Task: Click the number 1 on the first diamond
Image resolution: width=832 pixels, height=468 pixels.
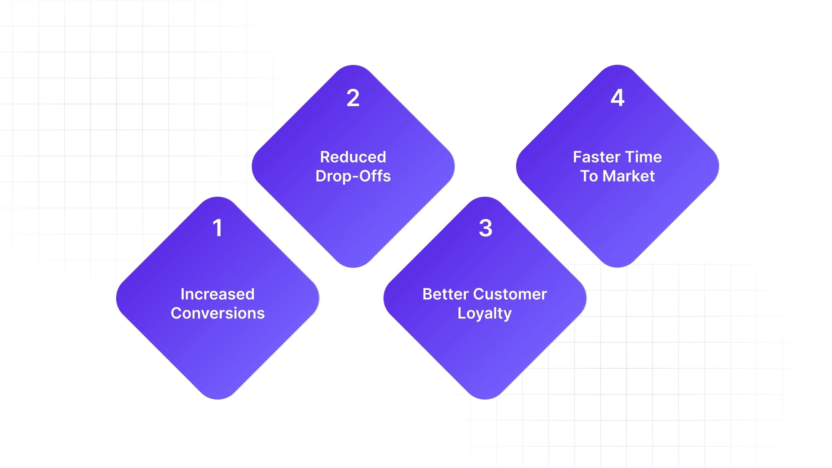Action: click(218, 228)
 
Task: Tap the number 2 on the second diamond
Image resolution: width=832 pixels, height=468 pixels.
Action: click(353, 98)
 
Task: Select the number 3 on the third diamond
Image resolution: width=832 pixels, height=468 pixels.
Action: click(485, 228)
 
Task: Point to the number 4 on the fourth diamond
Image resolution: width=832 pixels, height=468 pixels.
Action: click(617, 98)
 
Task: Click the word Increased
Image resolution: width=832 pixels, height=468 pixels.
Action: click(218, 294)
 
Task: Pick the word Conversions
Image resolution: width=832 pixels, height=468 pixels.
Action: click(218, 313)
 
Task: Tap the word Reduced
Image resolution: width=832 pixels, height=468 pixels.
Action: click(353, 157)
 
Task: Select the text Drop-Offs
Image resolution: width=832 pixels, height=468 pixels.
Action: click(353, 176)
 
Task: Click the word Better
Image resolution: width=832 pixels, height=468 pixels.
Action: click(446, 294)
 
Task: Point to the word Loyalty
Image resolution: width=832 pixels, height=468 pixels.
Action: click(484, 313)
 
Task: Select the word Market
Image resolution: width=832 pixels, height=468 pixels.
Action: click(628, 176)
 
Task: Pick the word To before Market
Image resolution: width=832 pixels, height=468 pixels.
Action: click(589, 176)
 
